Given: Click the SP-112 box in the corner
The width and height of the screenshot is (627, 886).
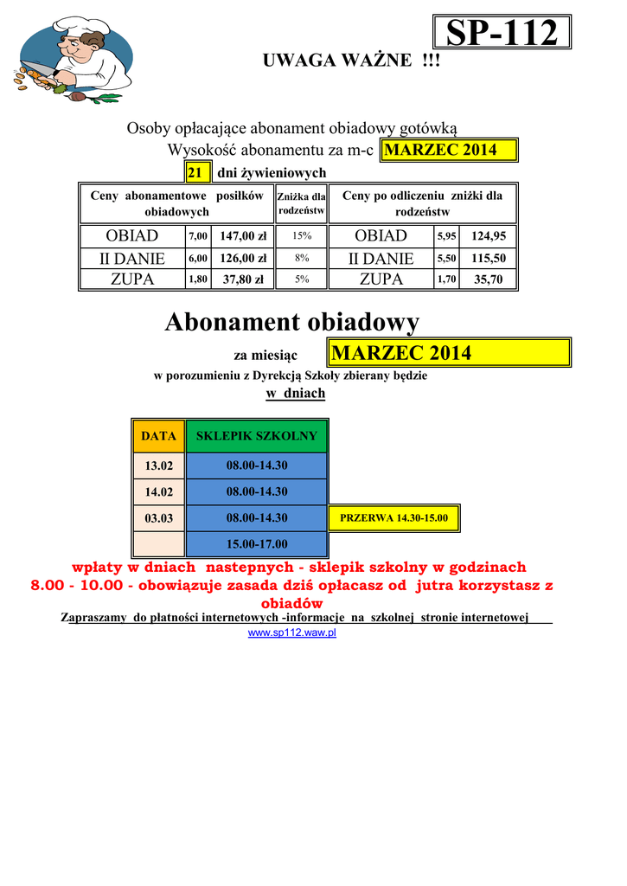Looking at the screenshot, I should point(502,33).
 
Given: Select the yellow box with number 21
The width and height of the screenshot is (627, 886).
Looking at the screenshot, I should point(195,173).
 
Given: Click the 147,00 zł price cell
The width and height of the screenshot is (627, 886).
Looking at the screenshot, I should point(242,235).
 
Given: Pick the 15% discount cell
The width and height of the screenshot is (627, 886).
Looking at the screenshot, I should point(301,235).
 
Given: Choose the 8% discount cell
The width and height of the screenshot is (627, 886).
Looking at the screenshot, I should point(301,258).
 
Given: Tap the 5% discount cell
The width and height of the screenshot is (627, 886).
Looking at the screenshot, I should point(301,279).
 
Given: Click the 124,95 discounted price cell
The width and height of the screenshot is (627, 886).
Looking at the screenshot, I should point(489,235).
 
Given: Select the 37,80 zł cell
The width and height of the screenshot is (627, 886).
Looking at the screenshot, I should point(242,279).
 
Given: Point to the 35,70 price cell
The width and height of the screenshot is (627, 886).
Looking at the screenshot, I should point(489,279).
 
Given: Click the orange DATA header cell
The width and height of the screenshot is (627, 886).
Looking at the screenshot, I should point(158,436).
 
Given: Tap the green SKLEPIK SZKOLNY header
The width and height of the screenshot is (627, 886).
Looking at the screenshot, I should point(257,436).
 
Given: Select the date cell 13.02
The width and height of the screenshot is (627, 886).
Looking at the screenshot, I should point(158,465).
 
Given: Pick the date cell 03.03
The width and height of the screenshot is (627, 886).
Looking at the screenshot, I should point(158,518).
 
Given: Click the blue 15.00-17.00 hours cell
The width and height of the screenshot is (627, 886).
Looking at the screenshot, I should point(257,544).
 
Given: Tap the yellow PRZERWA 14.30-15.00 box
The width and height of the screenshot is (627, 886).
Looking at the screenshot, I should point(394,518).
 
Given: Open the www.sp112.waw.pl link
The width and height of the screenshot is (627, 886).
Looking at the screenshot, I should point(292,633).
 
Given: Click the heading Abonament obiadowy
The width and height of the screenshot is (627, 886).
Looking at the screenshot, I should point(292,323).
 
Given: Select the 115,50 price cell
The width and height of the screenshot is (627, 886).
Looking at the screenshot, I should point(489,258).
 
